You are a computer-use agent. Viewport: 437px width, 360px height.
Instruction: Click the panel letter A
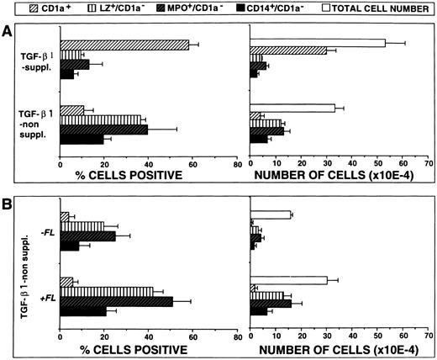pos(8,28)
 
